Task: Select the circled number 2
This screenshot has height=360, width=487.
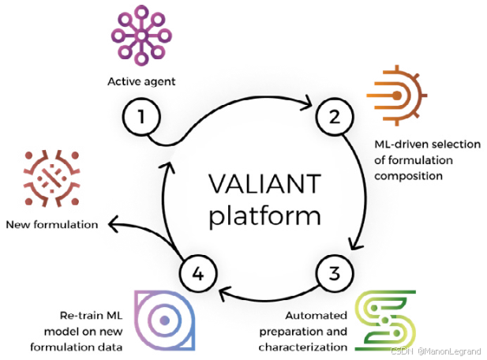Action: coord(334,118)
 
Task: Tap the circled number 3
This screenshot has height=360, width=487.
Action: coord(334,273)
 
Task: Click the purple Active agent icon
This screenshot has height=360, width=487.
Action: coord(140,36)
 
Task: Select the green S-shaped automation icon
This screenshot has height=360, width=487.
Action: coord(384,321)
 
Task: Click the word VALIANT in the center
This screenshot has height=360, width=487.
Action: coord(264,183)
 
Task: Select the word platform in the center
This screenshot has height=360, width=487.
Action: coord(264,214)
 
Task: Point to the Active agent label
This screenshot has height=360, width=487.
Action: coord(140,81)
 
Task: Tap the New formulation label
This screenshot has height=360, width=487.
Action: coord(52,224)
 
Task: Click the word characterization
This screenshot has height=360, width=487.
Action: coord(304,346)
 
